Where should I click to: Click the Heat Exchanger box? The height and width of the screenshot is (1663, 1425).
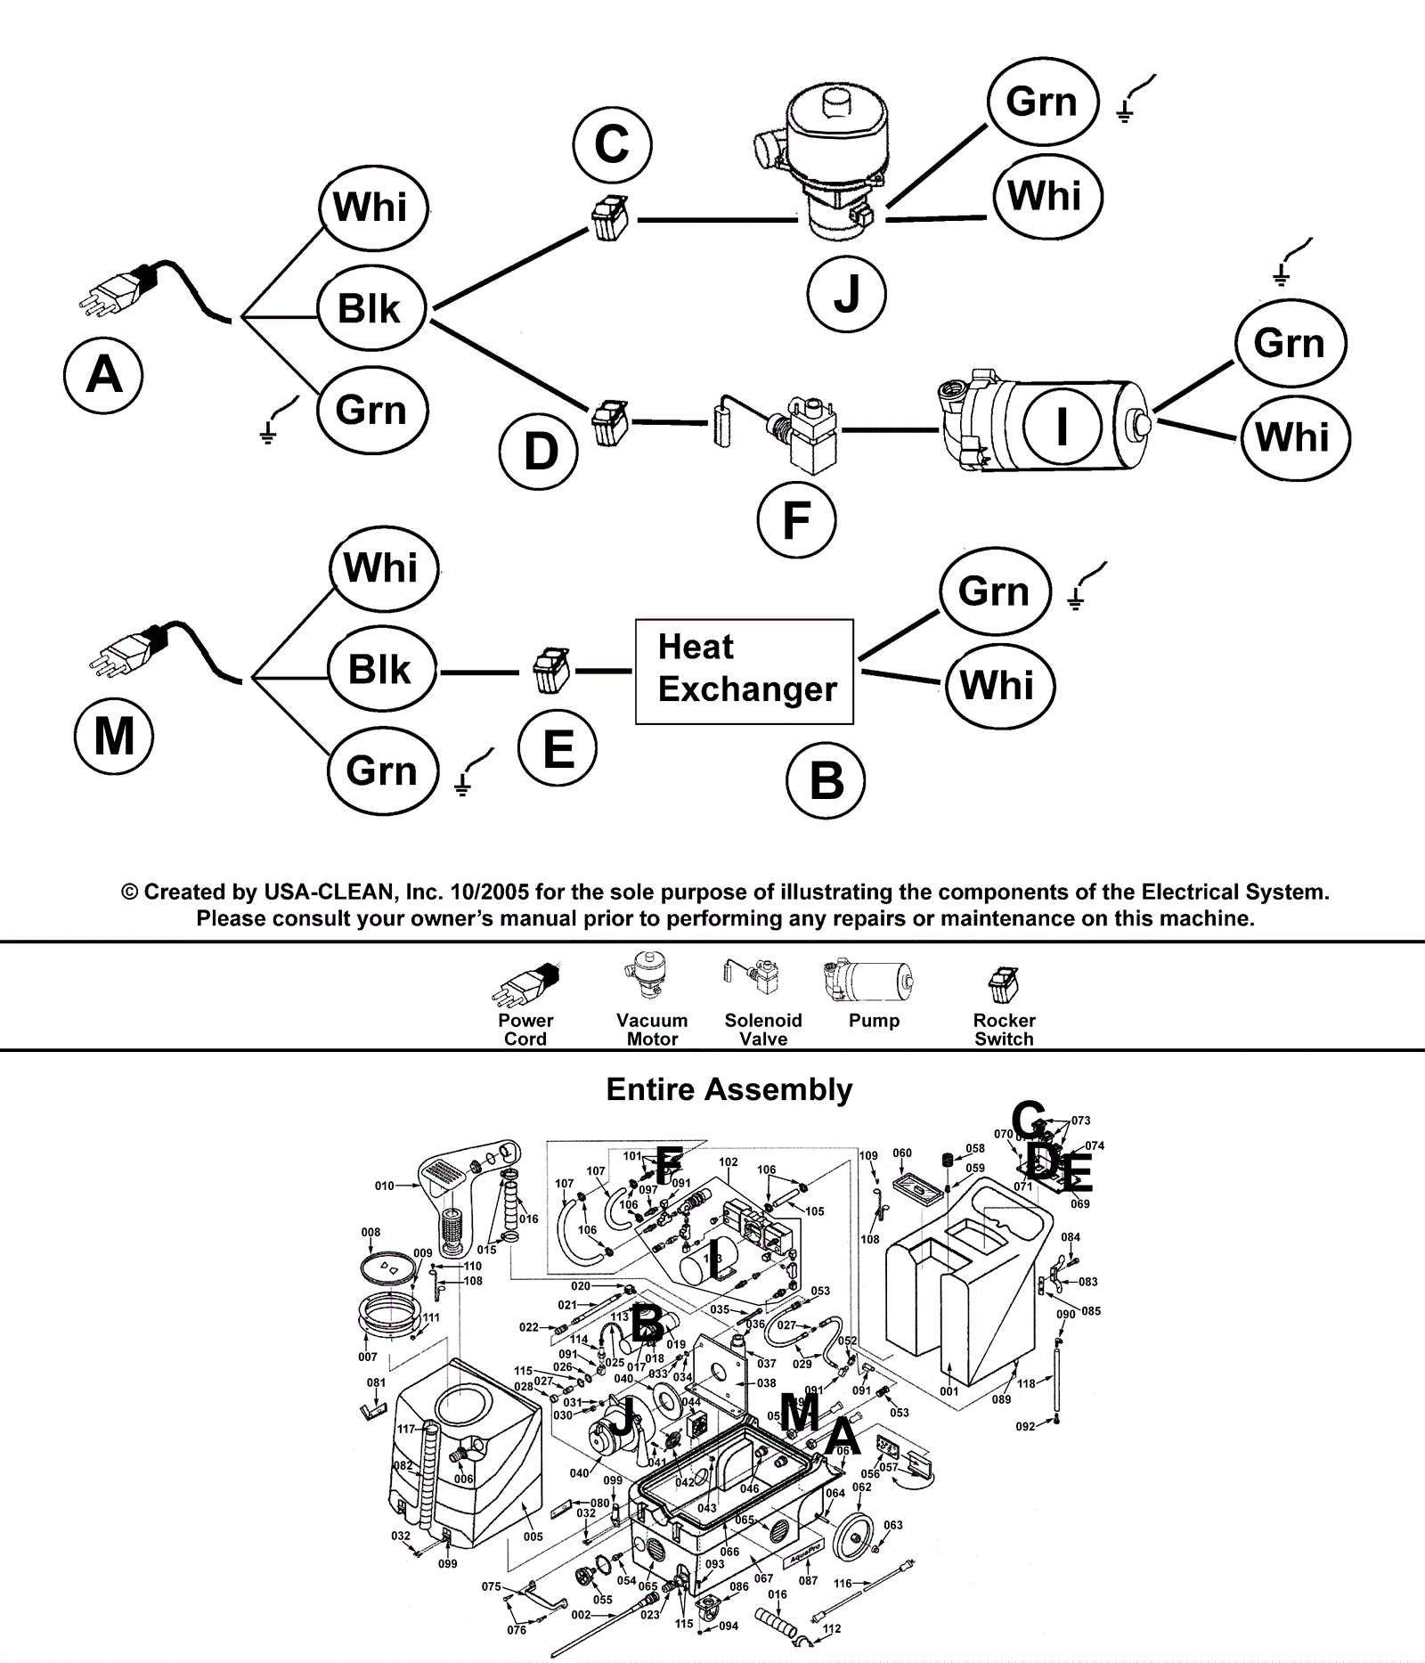[744, 671]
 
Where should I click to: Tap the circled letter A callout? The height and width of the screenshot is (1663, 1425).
[104, 374]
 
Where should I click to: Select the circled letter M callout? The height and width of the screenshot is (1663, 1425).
[114, 736]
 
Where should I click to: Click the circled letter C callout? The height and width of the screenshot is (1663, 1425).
[612, 143]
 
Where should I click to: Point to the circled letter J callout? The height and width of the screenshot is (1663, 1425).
[846, 293]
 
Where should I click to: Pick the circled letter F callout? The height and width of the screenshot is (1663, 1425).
[796, 519]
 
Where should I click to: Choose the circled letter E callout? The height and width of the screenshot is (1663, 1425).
[558, 747]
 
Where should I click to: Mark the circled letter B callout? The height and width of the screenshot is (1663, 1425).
[826, 780]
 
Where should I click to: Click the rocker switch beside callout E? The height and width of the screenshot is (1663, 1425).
[547, 671]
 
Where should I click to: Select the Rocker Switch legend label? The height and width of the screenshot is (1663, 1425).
[1004, 1030]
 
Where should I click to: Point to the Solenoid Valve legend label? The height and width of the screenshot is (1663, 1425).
[763, 1030]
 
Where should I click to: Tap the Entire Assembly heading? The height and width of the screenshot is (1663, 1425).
[729, 1089]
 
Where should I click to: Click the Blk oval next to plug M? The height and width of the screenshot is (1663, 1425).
[380, 670]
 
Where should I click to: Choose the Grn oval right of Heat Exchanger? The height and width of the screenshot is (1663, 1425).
[994, 591]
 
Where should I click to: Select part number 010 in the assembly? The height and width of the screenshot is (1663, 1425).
[384, 1186]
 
